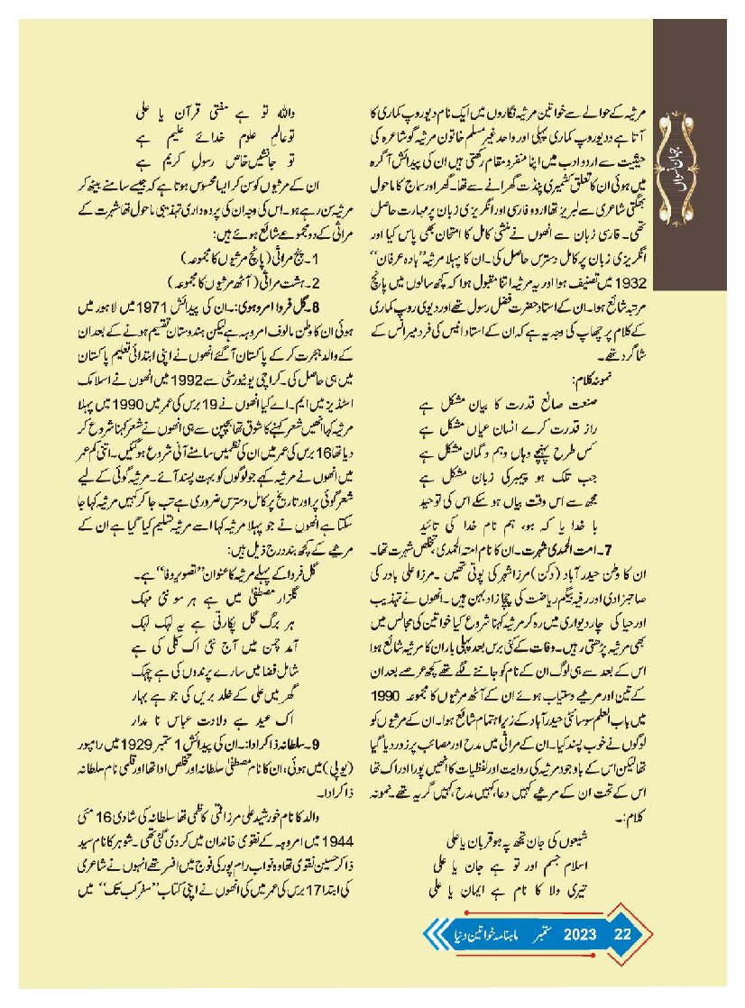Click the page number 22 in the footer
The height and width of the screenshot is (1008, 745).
coord(622,935)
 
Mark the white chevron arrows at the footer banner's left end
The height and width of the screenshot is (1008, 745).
coord(432,935)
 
